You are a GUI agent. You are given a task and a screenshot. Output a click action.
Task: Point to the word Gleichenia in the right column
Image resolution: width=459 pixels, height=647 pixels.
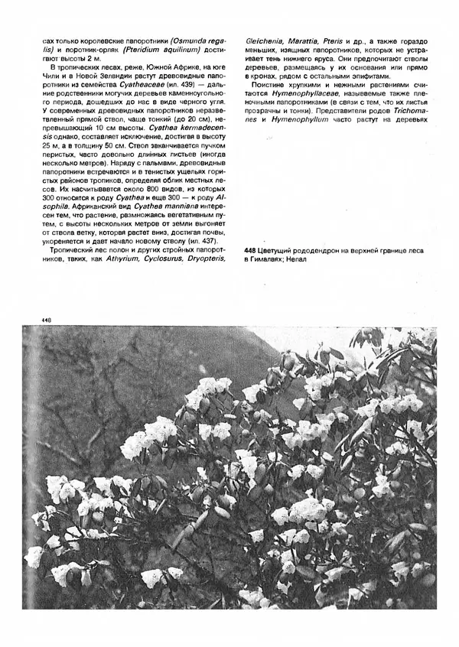point(263,39)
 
